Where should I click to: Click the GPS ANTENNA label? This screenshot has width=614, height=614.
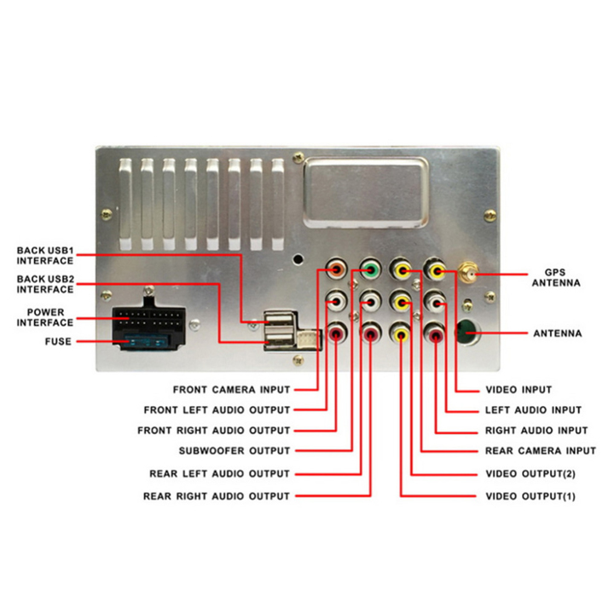coord(556,278)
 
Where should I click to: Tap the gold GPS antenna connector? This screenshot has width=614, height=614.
coord(468,273)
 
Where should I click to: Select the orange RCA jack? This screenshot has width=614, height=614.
coord(336,269)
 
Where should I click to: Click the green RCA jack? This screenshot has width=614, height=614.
coord(370,269)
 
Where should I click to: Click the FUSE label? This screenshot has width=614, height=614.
coord(58,341)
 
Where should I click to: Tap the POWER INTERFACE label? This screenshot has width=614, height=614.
coord(45,317)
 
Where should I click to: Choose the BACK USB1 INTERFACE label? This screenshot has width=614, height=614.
coord(45,255)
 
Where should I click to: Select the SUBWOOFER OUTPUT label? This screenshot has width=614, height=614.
coord(235,451)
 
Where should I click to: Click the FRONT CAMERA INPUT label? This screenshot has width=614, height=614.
coord(231,390)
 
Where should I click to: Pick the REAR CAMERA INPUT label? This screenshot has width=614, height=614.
coord(541,451)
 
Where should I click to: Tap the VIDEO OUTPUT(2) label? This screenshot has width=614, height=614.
coord(530,474)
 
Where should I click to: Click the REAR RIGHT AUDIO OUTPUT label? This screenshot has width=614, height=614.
coord(216,496)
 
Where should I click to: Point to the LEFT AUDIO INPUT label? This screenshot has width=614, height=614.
coord(533,410)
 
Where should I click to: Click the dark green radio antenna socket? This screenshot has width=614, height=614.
coord(468,332)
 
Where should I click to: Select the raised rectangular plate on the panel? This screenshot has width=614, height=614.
coord(366,192)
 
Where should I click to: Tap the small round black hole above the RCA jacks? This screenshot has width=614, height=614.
coord(298,259)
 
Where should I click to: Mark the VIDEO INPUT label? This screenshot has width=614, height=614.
coord(518,390)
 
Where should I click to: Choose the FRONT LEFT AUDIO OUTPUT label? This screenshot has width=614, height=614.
coord(217,410)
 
